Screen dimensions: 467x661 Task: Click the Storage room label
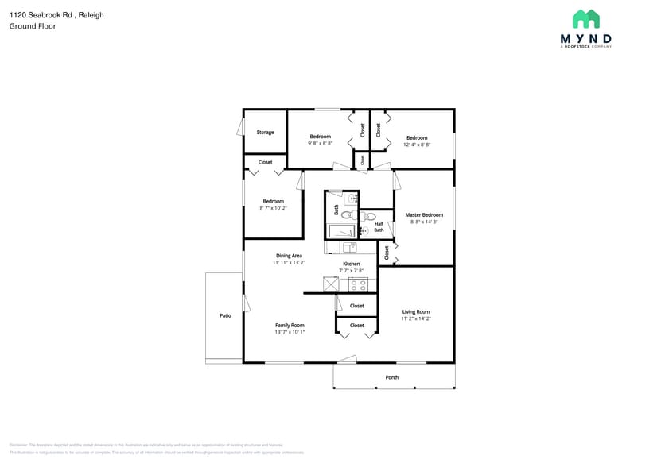click(x=265, y=133)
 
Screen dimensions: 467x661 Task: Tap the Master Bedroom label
click(x=424, y=215)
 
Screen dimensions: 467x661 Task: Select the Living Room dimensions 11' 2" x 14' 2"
click(x=415, y=318)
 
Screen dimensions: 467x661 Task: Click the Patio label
click(x=225, y=316)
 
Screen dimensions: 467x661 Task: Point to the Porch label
click(x=391, y=377)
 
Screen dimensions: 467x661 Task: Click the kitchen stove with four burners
click(x=358, y=284)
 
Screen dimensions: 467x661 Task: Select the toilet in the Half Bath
click(x=369, y=216)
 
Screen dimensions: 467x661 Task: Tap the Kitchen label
click(x=351, y=264)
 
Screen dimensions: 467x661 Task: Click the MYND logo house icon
click(x=585, y=19)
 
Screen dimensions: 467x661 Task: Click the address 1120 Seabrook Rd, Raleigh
click(x=56, y=15)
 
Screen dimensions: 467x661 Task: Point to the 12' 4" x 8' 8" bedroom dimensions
click(x=417, y=145)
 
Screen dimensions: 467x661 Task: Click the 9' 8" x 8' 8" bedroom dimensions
click(x=320, y=143)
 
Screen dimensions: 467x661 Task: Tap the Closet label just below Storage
click(x=265, y=162)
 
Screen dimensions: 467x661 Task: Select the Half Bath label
click(x=379, y=227)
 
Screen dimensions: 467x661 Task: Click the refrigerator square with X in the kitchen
click(x=332, y=284)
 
